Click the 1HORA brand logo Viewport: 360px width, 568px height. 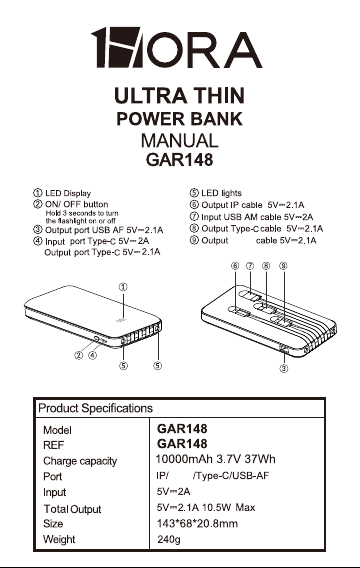[x=176, y=47]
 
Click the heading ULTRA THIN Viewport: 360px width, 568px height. [x=179, y=96]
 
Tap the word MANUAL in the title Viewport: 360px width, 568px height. [x=180, y=141]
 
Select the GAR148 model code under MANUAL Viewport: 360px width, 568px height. [x=179, y=160]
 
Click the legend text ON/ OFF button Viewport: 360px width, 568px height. [x=76, y=204]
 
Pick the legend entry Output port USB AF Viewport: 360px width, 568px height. [x=84, y=230]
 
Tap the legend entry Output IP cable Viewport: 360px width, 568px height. [x=231, y=205]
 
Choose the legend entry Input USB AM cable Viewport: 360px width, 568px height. [x=241, y=217]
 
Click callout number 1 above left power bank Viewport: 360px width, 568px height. [x=123, y=287]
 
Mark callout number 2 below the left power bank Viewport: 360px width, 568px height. [x=79, y=355]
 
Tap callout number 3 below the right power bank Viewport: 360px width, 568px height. [x=284, y=369]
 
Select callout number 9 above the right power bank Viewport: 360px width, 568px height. [x=283, y=266]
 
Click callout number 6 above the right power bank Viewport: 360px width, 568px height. [x=235, y=266]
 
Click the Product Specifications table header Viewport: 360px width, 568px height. [x=95, y=408]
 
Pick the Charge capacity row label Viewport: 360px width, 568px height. [x=80, y=461]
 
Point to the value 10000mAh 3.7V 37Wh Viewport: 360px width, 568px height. [x=215, y=459]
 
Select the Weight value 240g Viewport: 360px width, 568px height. [x=169, y=539]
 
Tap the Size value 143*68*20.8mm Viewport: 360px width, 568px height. [x=197, y=523]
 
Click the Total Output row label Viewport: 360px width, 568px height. [x=72, y=509]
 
